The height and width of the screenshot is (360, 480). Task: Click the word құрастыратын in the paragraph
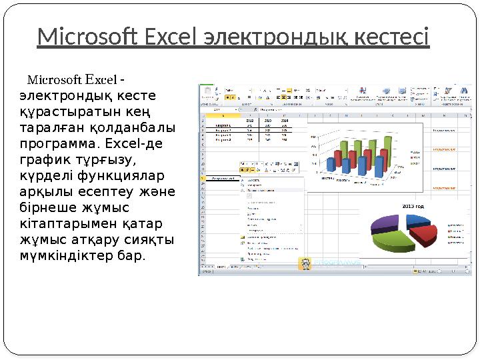[x=57, y=112]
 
